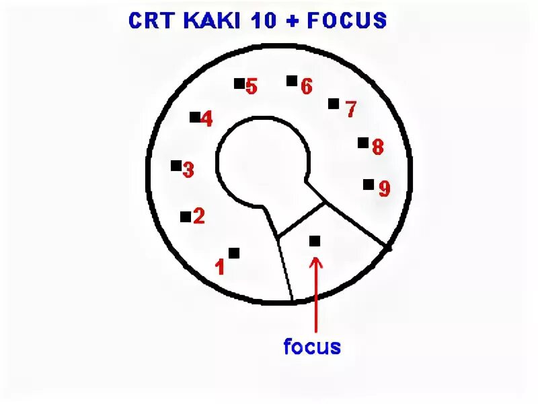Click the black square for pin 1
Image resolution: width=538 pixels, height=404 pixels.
[x=234, y=253]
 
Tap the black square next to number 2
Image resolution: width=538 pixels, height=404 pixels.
[x=186, y=217]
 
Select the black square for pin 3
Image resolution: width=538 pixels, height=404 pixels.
[x=176, y=166]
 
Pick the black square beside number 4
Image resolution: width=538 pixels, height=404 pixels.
[x=195, y=117]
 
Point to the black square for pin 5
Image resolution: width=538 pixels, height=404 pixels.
[x=239, y=83]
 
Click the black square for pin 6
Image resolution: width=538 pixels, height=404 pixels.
[x=292, y=81]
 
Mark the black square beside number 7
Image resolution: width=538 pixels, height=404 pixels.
[x=334, y=104]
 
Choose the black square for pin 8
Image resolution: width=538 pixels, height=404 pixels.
[x=363, y=143]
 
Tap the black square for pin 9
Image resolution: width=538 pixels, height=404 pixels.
[x=369, y=184]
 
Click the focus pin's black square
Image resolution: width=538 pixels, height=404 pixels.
[x=315, y=240]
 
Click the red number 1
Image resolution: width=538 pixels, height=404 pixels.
[x=219, y=268]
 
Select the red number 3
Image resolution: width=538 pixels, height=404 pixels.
[x=188, y=170]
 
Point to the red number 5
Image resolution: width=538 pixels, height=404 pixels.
[x=252, y=87]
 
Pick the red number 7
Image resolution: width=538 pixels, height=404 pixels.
[x=350, y=109]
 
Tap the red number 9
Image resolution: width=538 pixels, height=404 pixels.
[x=384, y=189]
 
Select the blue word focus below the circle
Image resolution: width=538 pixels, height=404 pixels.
[x=312, y=347]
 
